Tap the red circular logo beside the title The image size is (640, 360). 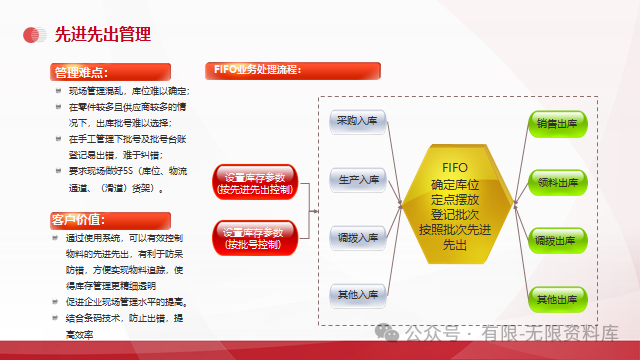tap(35, 36)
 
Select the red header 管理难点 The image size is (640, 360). tap(84, 73)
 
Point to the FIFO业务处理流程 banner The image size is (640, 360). tap(258, 70)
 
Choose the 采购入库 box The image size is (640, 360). tap(357, 121)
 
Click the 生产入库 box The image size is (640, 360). tap(357, 180)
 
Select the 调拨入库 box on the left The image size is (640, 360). tap(357, 238)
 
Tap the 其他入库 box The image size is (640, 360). tap(357, 296)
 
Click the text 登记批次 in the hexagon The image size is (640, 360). tap(455, 215)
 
